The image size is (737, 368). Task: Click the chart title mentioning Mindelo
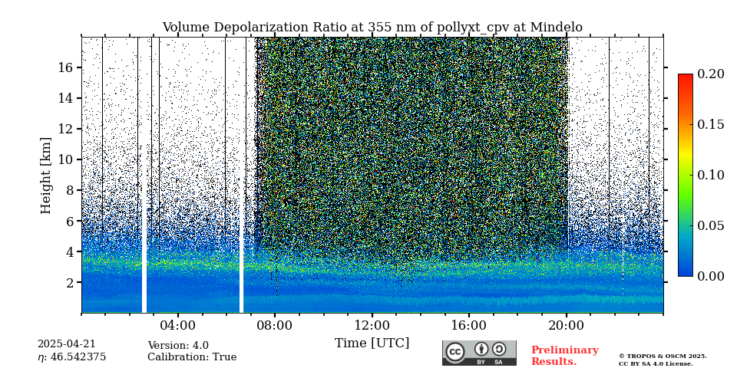(x=372, y=28)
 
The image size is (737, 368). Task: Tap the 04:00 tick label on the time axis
(x=177, y=325)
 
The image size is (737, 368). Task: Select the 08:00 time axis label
(x=274, y=325)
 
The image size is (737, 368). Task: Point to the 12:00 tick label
(x=372, y=325)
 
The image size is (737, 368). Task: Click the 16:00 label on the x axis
(x=468, y=325)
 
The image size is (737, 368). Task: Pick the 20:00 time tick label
(x=566, y=325)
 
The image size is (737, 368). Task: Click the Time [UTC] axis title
(x=372, y=343)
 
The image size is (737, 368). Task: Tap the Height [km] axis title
(x=46, y=175)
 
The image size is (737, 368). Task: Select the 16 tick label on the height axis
(x=64, y=67)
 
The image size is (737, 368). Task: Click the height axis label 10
(x=64, y=159)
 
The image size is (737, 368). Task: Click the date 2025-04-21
(x=66, y=345)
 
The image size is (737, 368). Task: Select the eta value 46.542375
(x=71, y=357)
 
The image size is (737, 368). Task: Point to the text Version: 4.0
(x=178, y=346)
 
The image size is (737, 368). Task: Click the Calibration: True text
(x=192, y=357)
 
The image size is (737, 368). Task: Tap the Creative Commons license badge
(x=479, y=353)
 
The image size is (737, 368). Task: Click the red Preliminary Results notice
(x=564, y=356)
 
